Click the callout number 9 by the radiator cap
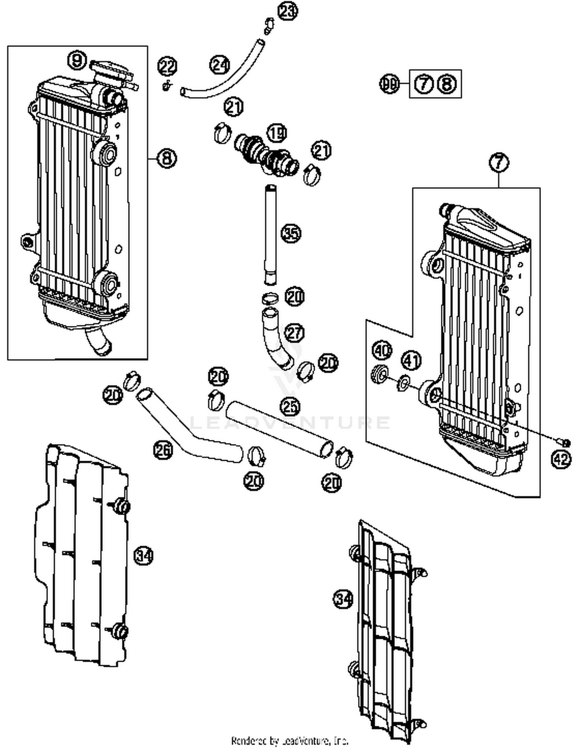point(77,61)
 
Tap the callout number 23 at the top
point(288,11)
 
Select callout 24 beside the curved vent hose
point(219,65)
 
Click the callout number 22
point(167,67)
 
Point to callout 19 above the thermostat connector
point(277,133)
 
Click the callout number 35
point(291,234)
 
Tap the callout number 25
point(290,406)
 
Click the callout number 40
point(382,350)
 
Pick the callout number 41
point(411,361)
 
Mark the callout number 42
point(561,459)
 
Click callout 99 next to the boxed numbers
point(389,84)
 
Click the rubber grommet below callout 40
point(379,374)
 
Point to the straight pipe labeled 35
point(271,234)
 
